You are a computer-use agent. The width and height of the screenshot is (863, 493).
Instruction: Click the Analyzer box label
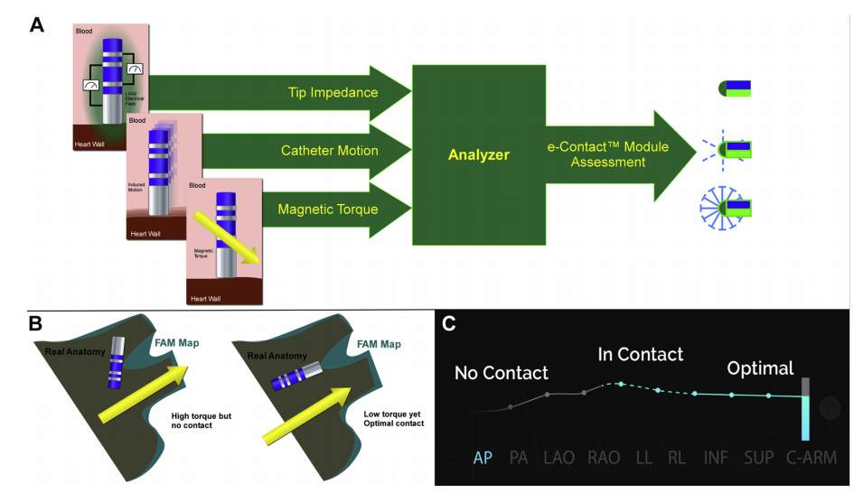pos(479,155)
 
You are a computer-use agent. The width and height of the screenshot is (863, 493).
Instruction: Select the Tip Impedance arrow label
pos(333,92)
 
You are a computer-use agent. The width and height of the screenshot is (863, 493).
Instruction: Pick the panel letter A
pos(37,24)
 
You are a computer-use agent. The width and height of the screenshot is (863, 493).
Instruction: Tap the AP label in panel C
pos(483,458)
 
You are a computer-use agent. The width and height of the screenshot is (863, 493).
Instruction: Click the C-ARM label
pos(811,458)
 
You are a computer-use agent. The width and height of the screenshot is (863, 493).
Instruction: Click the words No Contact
pos(502,372)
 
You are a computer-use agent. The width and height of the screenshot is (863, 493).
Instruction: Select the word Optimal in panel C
pos(760,367)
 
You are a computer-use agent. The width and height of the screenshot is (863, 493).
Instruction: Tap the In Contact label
pos(640,354)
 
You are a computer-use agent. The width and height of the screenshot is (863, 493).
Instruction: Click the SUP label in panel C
pos(759,458)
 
